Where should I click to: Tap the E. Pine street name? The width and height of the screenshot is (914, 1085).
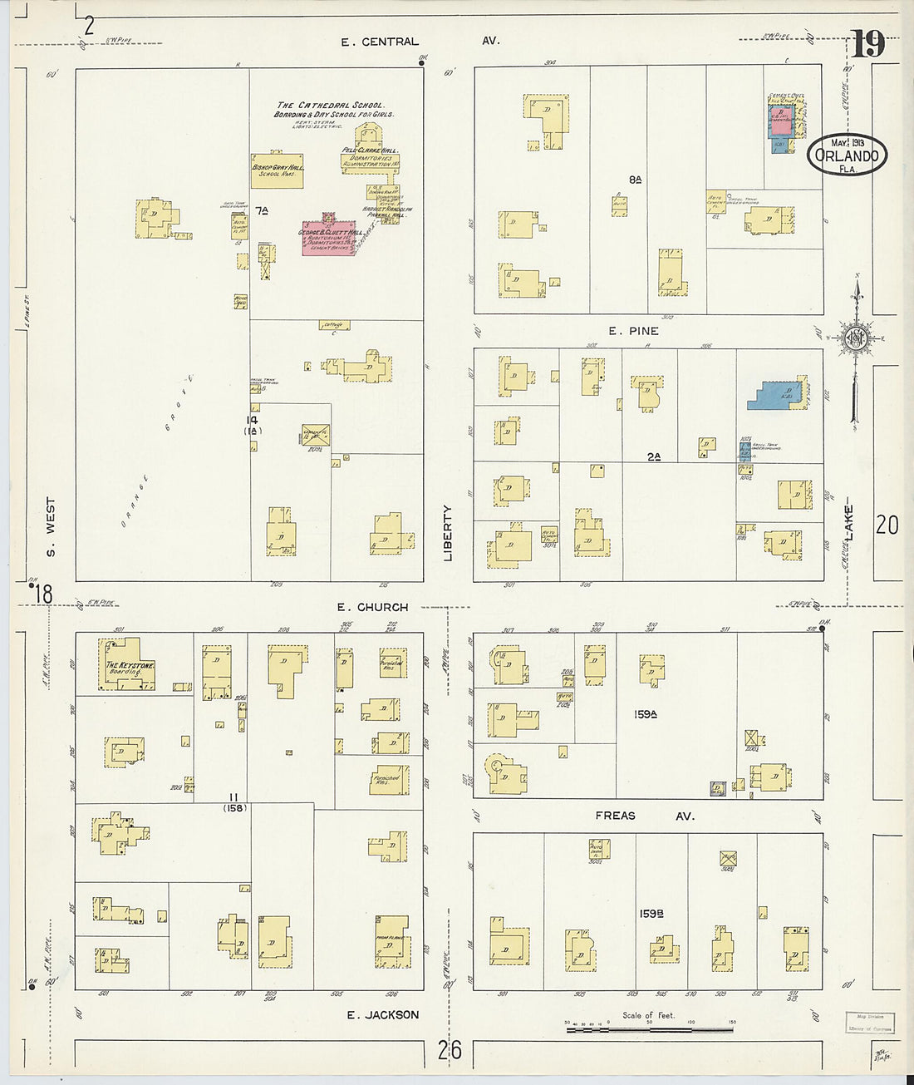pos(633,331)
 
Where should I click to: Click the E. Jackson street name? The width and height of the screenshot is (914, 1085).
pos(382,1014)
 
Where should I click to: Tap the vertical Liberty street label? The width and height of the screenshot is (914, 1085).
pos(448,532)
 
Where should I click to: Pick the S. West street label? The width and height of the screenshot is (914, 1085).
pos(51,527)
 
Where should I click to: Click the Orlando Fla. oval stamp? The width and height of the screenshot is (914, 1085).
pos(847,155)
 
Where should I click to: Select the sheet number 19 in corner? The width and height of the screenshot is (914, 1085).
pos(867,43)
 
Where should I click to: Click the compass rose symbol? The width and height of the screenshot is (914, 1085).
pos(854,338)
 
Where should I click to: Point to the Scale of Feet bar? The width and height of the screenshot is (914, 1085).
pos(649,1029)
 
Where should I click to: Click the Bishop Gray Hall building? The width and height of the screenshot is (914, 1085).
pos(278,170)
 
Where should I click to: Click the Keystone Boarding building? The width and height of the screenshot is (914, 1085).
pos(127,664)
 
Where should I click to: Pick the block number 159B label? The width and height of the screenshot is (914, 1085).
pos(651,914)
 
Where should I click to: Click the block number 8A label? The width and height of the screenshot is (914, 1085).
pos(636,179)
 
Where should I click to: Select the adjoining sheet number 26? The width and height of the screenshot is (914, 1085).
pos(450,1050)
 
